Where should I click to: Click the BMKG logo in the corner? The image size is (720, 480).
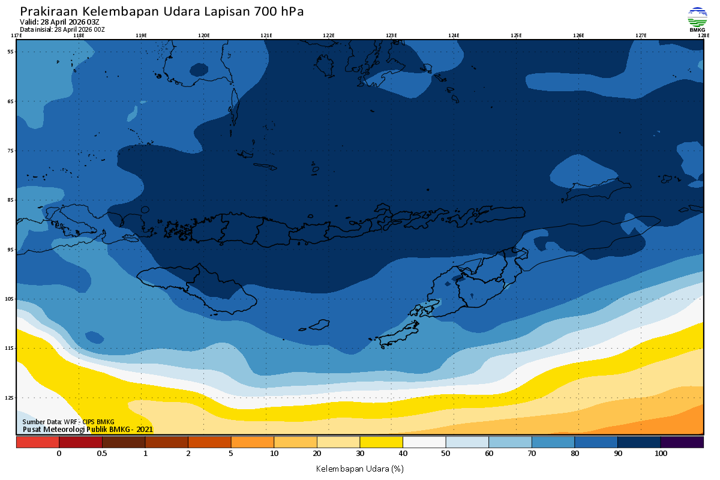coord(697,19)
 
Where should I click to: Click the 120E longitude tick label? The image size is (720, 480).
coord(204,35)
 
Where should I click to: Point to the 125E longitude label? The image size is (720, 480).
coord(516,35)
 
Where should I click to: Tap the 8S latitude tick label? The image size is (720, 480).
coord(10,200)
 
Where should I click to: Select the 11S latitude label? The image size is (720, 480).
coord(10,348)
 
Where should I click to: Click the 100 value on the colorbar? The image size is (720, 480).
coord(661,454)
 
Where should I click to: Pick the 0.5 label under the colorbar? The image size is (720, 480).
coord(102,454)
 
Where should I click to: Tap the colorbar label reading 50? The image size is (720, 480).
coord(445,454)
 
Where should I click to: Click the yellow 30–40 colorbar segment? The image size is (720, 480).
coord(381,442)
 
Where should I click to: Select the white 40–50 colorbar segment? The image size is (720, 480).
coord(424,442)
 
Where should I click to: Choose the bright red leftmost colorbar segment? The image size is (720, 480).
coord(37,442)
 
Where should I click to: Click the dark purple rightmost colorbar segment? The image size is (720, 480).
coord(682,442)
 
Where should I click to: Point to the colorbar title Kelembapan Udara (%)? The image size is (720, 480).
coord(359,468)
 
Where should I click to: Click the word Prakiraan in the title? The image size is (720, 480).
coord(48,12)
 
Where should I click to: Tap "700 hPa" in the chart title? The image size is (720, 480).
coord(279,12)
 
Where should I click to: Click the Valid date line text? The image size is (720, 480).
coord(60,22)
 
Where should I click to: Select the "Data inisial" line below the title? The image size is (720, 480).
coord(62,29)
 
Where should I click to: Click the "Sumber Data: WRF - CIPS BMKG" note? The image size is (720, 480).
coord(68,422)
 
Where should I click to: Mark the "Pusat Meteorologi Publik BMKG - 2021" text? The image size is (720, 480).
coord(88,430)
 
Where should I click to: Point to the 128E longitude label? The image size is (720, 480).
coord(703,35)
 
